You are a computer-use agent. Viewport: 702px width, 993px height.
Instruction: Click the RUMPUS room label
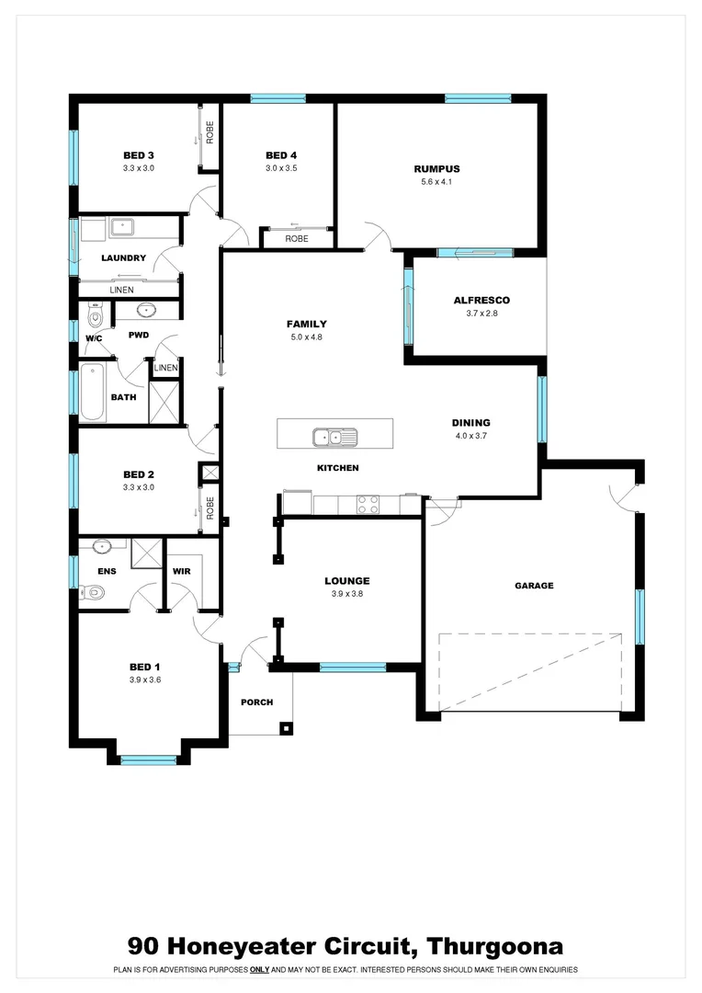pos(436,168)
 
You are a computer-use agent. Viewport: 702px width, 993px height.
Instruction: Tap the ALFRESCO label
pos(481,300)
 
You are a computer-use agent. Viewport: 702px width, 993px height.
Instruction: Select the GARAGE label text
pos(533,585)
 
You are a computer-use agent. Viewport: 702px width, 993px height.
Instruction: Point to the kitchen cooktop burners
pos(368,504)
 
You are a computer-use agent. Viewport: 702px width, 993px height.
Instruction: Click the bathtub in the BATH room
pos(92,393)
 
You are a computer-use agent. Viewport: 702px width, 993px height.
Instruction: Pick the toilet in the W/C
pos(93,318)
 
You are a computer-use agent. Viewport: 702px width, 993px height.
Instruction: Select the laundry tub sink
pos(123,226)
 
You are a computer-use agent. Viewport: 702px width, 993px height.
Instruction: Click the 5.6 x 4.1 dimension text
pos(436,181)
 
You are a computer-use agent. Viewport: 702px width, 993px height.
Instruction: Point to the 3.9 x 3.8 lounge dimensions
pos(346,593)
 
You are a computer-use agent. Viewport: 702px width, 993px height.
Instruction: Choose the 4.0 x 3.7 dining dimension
pos(470,436)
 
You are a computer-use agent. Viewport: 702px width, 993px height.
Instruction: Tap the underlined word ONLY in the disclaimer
pos(259,969)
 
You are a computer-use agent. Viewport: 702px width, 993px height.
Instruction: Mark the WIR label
pos(181,570)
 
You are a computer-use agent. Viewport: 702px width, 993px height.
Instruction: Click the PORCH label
pos(256,702)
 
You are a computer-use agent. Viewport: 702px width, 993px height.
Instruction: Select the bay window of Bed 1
pos(148,759)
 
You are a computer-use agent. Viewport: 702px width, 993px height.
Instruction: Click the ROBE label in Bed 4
pos(296,238)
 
